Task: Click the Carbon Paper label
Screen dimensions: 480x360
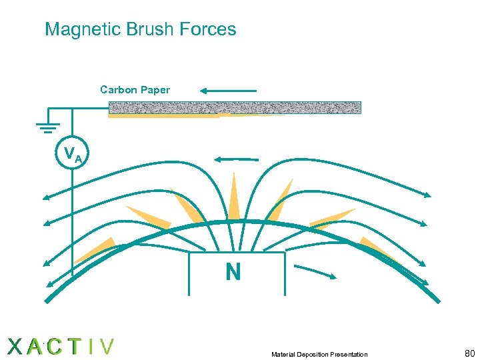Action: click(135, 89)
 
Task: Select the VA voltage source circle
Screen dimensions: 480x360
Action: click(71, 155)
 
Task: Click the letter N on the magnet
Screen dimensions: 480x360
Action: click(233, 272)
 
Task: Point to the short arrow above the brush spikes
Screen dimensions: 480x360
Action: click(235, 159)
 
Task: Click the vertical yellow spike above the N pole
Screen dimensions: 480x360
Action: click(233, 197)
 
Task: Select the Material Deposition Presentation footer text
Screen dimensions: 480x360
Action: click(319, 354)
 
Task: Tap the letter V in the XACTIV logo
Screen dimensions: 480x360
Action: click(105, 347)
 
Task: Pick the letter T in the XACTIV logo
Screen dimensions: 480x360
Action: click(75, 347)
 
